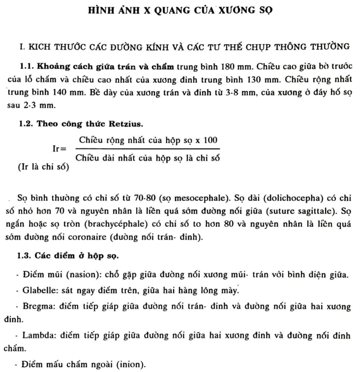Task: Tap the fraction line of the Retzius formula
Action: click(x=148, y=149)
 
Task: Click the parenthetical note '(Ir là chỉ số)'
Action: click(x=43, y=167)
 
